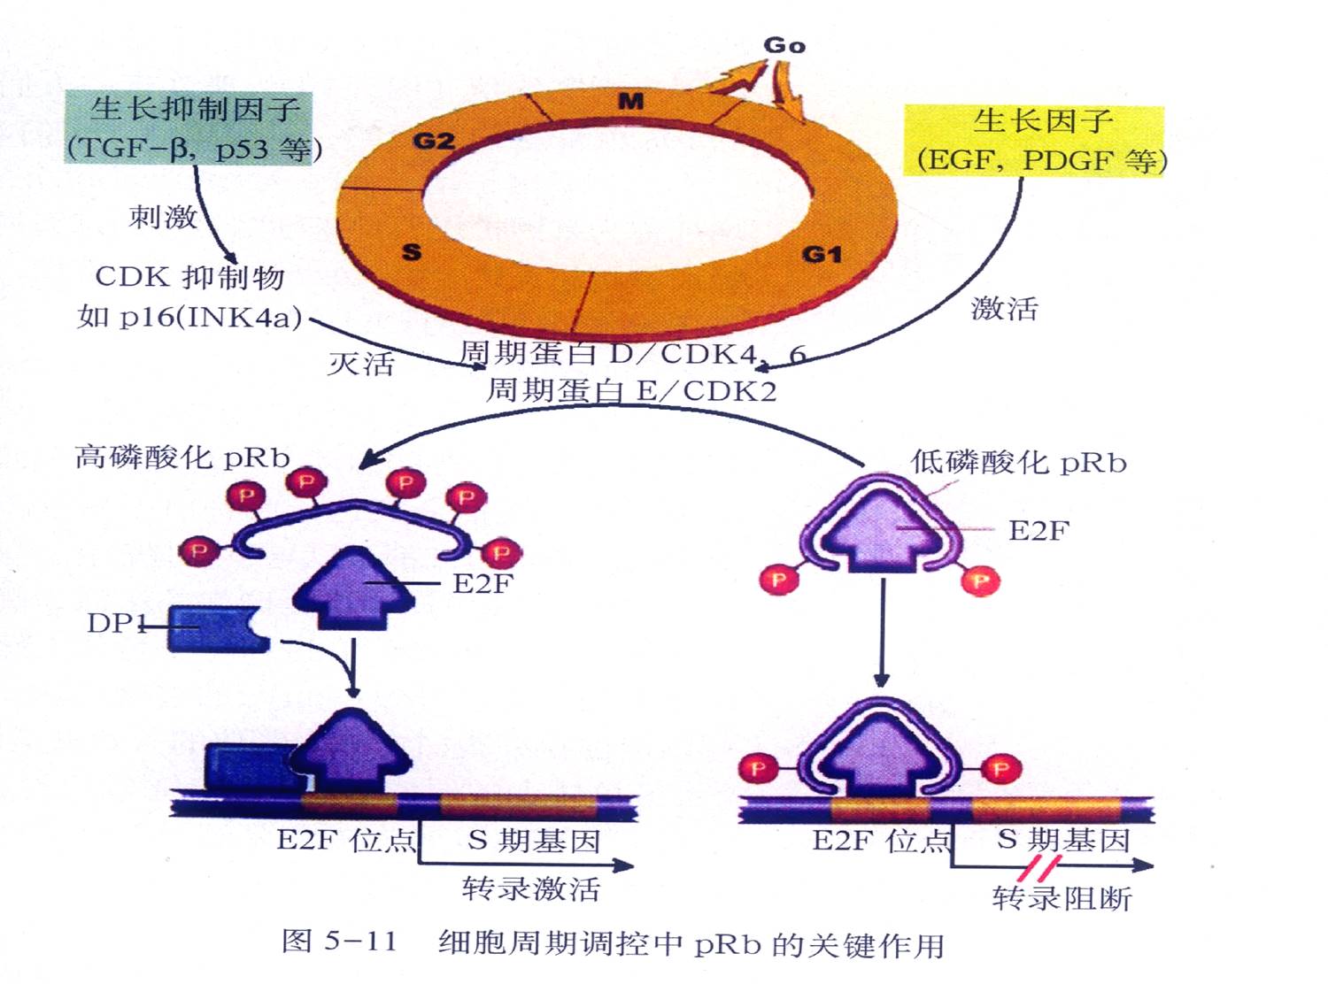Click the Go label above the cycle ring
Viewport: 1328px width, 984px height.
(x=784, y=45)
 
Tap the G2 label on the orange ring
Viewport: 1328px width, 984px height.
(x=434, y=141)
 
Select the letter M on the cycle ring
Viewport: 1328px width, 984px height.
(x=631, y=102)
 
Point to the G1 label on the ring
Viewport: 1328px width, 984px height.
(x=822, y=255)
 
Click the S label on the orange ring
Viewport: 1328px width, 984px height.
(x=412, y=252)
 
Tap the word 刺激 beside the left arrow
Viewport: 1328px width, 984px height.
(x=163, y=216)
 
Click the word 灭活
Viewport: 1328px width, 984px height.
(x=360, y=363)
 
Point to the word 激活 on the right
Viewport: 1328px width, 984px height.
(x=1004, y=308)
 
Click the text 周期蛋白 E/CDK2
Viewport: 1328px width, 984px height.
(x=631, y=390)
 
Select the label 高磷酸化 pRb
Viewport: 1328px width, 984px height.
(x=182, y=457)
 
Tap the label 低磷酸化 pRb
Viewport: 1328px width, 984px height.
(x=1019, y=462)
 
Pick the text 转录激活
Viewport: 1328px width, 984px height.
(x=531, y=888)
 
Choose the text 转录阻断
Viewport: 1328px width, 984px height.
(x=1062, y=898)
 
